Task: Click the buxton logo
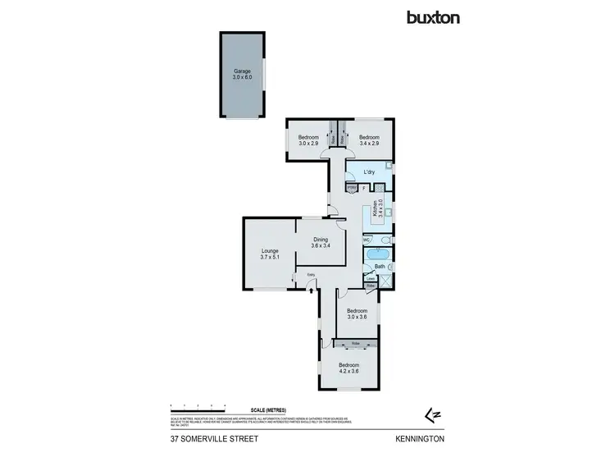[435, 16]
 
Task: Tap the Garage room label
[243, 74]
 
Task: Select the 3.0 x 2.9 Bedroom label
[308, 140]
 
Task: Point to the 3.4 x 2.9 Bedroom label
[369, 140]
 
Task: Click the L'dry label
[369, 172]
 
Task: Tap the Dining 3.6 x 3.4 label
[320, 243]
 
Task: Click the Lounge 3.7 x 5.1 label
[271, 254]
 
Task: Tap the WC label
[367, 240]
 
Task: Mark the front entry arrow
[312, 287]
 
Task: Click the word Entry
[311, 275]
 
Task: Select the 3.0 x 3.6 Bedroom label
[356, 314]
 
